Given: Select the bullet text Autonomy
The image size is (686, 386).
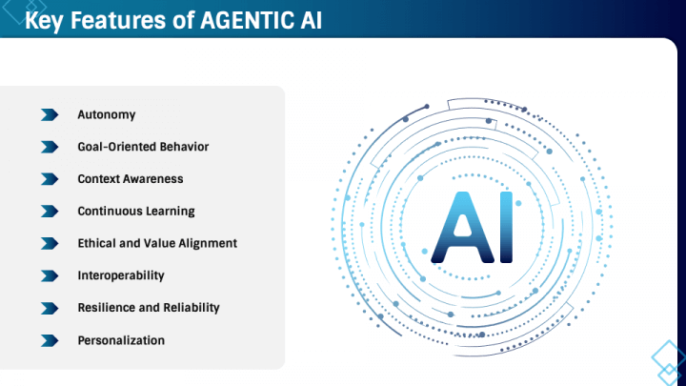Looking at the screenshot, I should [x=107, y=114].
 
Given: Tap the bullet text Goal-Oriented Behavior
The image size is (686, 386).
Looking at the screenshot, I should [x=143, y=147].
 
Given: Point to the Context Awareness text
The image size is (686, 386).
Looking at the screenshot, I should [x=131, y=178].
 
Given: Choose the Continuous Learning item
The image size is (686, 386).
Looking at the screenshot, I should [x=136, y=211].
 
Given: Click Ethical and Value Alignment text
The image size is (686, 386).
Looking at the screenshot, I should [x=157, y=243].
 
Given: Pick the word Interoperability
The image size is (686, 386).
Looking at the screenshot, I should [x=121, y=275].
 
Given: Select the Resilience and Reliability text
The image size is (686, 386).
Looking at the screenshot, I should [x=149, y=308].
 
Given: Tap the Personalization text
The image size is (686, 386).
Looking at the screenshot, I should [x=121, y=340].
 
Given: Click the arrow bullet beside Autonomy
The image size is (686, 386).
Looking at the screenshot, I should [x=50, y=114].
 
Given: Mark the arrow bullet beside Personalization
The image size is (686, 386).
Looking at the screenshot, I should [x=50, y=340].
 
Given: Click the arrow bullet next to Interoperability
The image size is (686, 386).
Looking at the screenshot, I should [x=50, y=275].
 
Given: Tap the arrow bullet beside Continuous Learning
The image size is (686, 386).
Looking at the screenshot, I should [x=50, y=211].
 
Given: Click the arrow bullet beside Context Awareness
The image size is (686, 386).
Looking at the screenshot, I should [x=50, y=178].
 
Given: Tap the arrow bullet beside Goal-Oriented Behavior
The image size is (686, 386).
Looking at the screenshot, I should [x=50, y=147].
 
